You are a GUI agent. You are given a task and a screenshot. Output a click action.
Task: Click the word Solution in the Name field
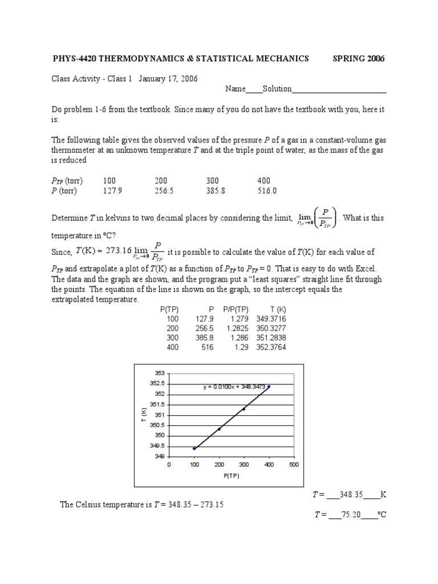(277, 89)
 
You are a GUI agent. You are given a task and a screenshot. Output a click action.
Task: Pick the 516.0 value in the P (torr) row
(267, 191)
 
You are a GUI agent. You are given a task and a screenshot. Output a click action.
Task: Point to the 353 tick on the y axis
(160, 373)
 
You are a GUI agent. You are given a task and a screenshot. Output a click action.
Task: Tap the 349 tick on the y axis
(160, 456)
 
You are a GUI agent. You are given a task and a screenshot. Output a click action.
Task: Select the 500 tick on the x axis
(294, 464)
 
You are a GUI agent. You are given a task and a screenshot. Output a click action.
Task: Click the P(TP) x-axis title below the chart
(231, 476)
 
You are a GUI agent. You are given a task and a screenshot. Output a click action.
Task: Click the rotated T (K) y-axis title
(144, 415)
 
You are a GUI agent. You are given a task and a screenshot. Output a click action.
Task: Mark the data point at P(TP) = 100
(194, 449)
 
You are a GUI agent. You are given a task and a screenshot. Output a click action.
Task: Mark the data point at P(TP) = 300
(244, 409)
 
